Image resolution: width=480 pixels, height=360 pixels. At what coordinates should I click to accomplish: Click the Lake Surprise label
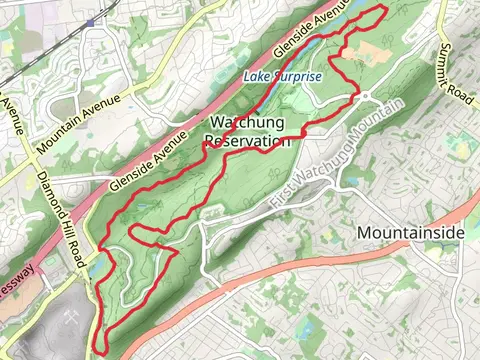(283, 77)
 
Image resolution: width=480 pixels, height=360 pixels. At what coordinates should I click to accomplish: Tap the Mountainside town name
(410, 233)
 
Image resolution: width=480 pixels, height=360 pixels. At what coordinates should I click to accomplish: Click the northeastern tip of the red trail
(384, 9)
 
